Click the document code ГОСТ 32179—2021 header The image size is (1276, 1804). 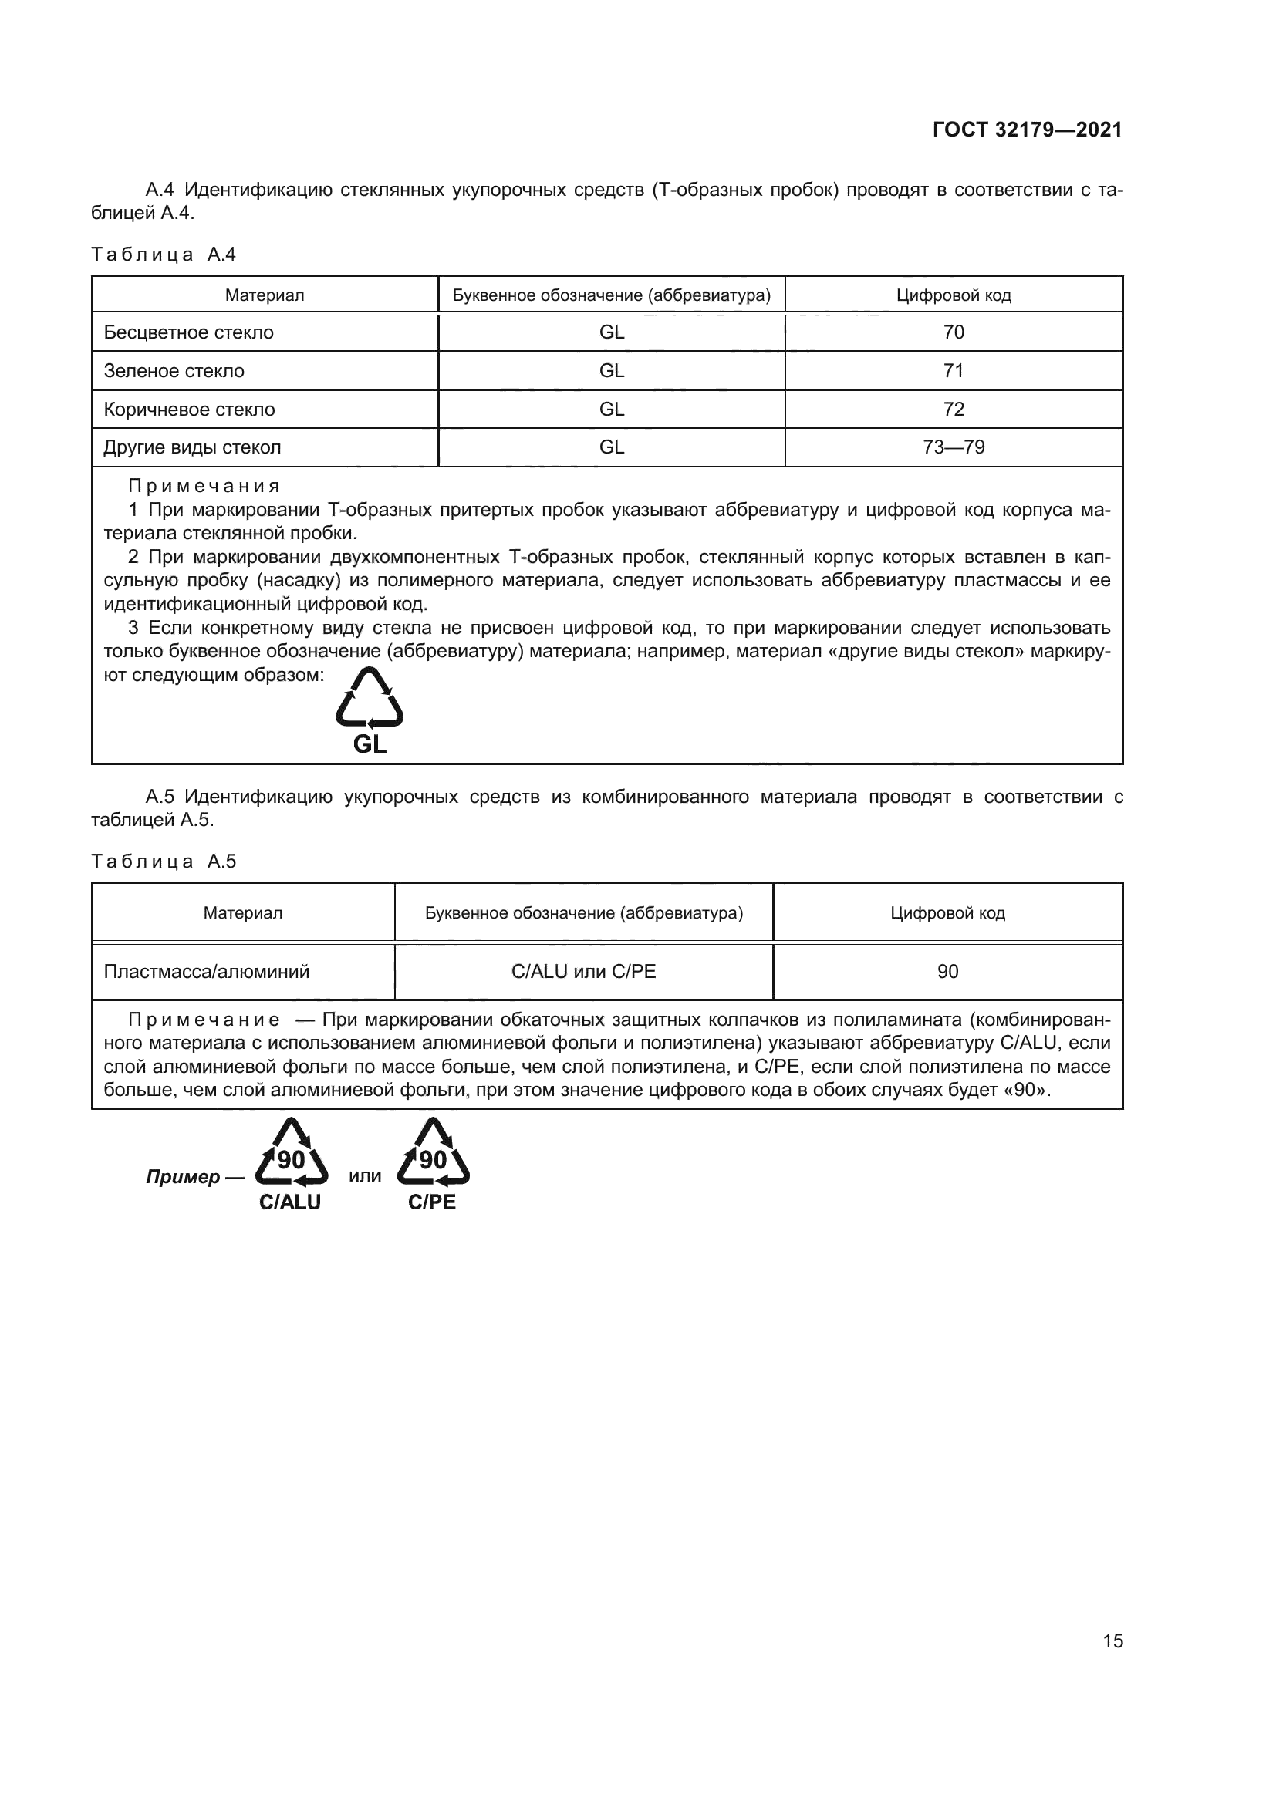1027,130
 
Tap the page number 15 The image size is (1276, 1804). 1112,1640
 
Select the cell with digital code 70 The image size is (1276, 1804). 953,332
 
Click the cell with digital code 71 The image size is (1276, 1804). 953,371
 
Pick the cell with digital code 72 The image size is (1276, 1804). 953,410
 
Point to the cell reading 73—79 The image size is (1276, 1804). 953,447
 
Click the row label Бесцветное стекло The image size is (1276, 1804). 188,332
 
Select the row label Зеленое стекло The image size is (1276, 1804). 174,371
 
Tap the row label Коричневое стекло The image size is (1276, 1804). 189,410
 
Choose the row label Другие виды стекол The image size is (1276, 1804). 192,447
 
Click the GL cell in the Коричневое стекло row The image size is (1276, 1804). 611,410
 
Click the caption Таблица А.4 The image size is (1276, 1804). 164,255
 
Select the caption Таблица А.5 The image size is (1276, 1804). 164,862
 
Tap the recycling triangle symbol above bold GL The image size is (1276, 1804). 370,699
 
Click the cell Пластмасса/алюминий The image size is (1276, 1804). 207,972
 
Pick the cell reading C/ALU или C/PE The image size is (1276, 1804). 583,972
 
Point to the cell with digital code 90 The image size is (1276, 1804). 947,972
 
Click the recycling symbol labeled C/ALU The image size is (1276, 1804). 292,1152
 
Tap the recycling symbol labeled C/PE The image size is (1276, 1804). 433,1152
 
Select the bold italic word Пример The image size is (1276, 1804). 183,1177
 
